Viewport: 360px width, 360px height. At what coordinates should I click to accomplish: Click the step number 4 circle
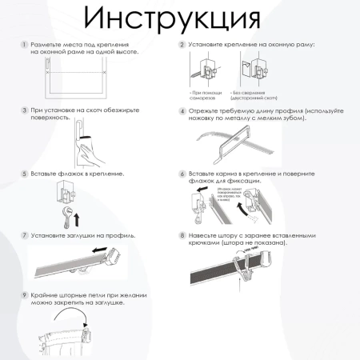182,112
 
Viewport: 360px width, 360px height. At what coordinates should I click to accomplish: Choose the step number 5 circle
24,173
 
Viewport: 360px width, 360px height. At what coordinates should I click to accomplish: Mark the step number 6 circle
182,174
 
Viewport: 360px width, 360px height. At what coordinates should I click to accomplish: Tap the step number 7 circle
24,236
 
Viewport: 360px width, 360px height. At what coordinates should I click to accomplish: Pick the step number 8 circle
182,236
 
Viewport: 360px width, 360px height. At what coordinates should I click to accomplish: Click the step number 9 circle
24,295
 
